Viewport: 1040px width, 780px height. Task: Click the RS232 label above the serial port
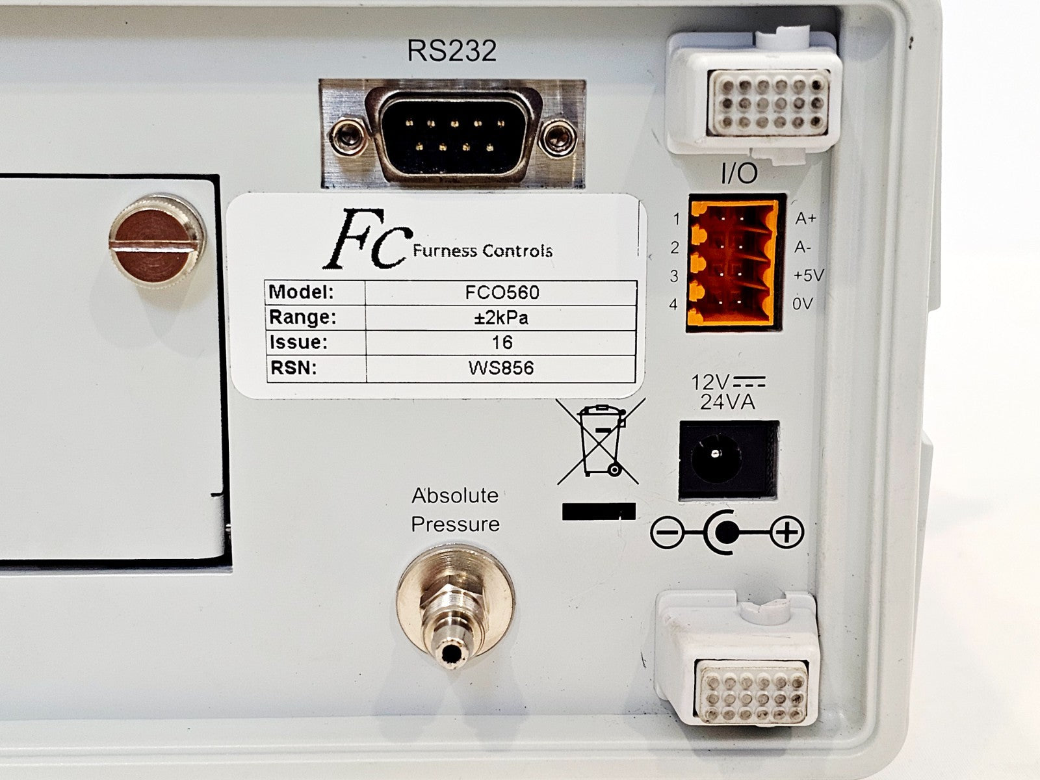point(452,51)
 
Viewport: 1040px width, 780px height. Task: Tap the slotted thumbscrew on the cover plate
point(157,242)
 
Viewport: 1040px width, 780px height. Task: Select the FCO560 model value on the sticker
point(502,292)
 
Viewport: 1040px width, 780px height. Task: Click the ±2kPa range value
point(501,318)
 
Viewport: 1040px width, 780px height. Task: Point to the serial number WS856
point(501,368)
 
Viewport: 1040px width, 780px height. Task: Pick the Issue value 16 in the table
point(502,343)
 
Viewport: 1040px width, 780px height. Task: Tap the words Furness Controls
point(482,250)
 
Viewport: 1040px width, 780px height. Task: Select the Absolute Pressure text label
point(455,510)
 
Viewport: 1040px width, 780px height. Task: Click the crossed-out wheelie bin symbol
point(601,441)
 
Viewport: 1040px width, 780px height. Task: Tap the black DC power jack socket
point(728,460)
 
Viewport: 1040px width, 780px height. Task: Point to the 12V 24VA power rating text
point(728,392)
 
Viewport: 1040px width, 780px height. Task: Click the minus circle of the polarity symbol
point(667,533)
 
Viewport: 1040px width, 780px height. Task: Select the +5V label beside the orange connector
point(809,275)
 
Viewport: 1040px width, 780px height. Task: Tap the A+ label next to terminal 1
point(805,218)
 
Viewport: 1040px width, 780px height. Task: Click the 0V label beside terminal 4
point(803,304)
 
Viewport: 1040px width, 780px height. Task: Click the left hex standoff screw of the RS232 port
point(347,138)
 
